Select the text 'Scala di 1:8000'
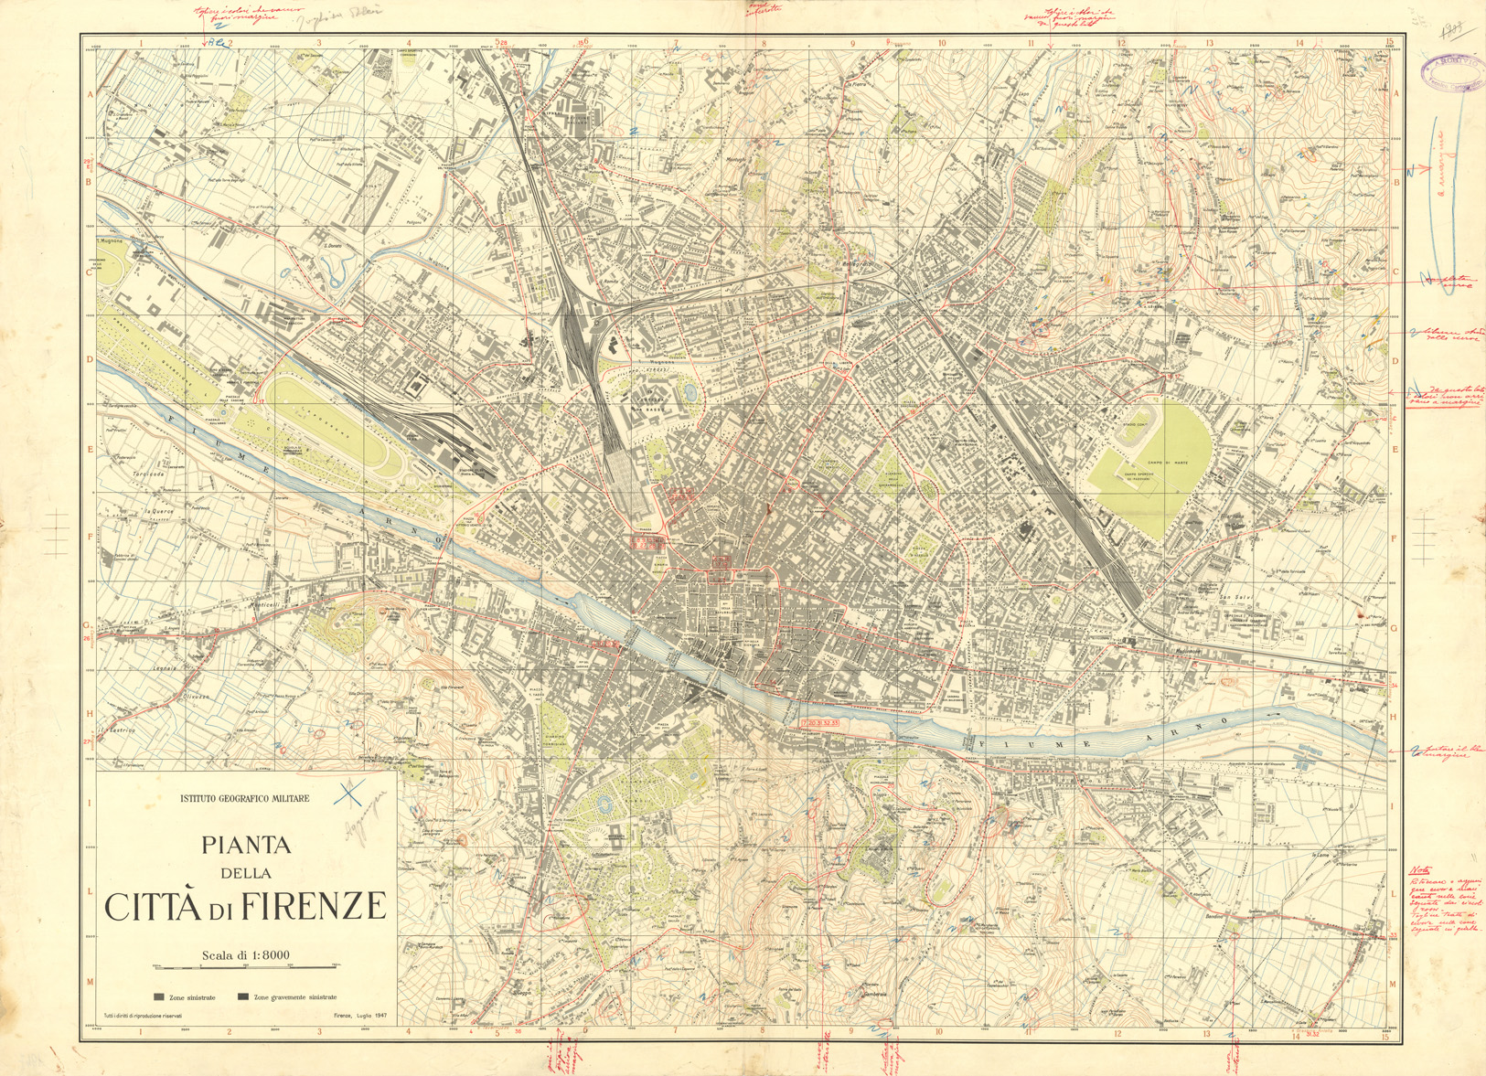click(x=246, y=955)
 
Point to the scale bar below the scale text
click(x=246, y=966)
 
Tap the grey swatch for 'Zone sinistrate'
click(x=159, y=997)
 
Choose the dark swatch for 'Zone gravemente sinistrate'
click(x=243, y=997)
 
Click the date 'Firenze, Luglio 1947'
click(x=360, y=1016)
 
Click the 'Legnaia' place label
click(x=140, y=669)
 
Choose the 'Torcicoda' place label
click(x=122, y=475)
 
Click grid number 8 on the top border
click(x=764, y=42)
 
